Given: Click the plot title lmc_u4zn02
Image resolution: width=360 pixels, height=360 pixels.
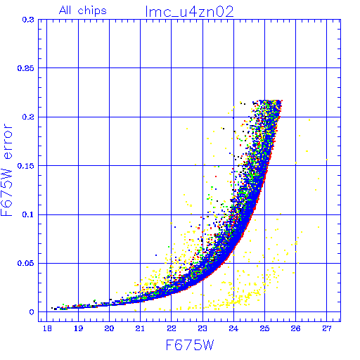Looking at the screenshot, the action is pyautogui.click(x=189, y=12).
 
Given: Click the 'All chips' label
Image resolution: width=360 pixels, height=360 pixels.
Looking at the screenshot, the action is pyautogui.click(x=83, y=11).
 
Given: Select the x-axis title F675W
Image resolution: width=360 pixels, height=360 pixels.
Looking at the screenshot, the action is pyautogui.click(x=190, y=345).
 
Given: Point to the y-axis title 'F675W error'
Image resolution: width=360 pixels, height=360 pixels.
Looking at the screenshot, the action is pyautogui.click(x=6, y=169).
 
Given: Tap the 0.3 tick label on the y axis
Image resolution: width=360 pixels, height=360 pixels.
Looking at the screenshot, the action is pyautogui.click(x=28, y=20).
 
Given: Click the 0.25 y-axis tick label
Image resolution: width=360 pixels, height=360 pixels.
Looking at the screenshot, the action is pyautogui.click(x=25, y=68).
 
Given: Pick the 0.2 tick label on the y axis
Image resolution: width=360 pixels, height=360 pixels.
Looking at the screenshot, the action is pyautogui.click(x=28, y=117).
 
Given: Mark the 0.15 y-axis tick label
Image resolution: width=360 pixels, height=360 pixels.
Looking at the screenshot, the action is pyautogui.click(x=25, y=166).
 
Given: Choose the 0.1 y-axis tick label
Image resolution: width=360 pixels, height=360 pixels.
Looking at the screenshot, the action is pyautogui.click(x=28, y=214).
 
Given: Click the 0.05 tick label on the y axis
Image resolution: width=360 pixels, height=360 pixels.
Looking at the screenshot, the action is pyautogui.click(x=25, y=263).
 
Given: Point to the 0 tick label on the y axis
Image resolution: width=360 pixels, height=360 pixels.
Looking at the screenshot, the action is pyautogui.click(x=32, y=312).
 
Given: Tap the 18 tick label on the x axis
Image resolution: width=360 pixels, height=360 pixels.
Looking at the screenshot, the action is pyautogui.click(x=47, y=328).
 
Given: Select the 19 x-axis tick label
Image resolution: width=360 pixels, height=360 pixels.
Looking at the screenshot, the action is pyautogui.click(x=78, y=328).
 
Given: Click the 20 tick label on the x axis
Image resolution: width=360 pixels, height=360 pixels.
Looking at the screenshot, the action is pyautogui.click(x=109, y=328).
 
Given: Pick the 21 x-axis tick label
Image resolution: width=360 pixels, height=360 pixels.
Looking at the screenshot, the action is pyautogui.click(x=140, y=328).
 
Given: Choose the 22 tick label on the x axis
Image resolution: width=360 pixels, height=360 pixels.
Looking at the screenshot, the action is pyautogui.click(x=172, y=328).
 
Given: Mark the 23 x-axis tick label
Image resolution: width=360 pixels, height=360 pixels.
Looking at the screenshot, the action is pyautogui.click(x=202, y=328).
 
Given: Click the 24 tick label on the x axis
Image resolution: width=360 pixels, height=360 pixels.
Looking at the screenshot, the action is pyautogui.click(x=233, y=328).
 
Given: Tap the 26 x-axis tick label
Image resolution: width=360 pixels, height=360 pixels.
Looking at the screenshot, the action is pyautogui.click(x=295, y=328).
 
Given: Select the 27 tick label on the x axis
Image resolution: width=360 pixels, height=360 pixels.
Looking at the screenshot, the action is pyautogui.click(x=327, y=328).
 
